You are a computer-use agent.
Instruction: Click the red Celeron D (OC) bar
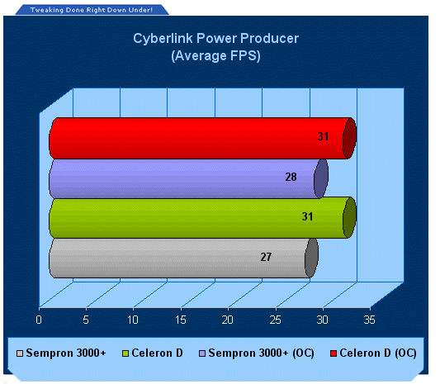(202, 139)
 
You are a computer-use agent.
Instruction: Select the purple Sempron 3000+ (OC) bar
(188, 179)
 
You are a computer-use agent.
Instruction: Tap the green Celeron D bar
(202, 218)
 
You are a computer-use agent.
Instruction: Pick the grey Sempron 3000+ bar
(183, 258)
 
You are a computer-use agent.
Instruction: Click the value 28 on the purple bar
(291, 177)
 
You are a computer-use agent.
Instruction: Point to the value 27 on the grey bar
(266, 257)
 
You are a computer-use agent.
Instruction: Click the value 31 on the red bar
(323, 137)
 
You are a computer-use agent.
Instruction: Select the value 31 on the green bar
(307, 216)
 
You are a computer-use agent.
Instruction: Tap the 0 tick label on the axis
(39, 320)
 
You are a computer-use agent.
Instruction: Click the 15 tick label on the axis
(181, 320)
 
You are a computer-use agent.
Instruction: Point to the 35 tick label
(369, 320)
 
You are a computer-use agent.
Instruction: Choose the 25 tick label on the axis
(275, 320)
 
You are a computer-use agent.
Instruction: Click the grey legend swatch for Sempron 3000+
(20, 353)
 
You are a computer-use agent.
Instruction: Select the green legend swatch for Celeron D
(125, 353)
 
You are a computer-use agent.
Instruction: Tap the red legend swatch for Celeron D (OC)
(334, 353)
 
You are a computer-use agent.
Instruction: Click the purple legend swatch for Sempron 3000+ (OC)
(202, 353)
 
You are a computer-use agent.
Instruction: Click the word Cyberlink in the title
(163, 39)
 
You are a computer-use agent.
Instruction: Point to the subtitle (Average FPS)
(215, 56)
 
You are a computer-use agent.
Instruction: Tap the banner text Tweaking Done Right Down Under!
(92, 10)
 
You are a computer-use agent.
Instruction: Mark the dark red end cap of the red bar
(350, 139)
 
